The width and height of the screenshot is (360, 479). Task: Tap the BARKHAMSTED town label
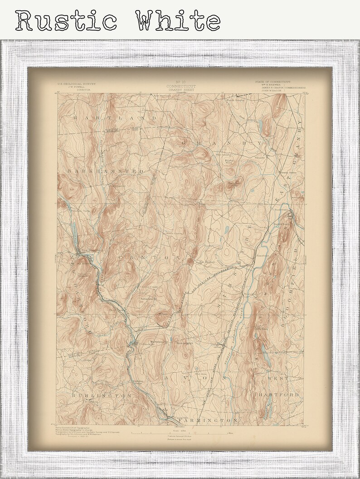click(x=106, y=171)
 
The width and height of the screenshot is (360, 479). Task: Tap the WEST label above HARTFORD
click(x=277, y=377)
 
